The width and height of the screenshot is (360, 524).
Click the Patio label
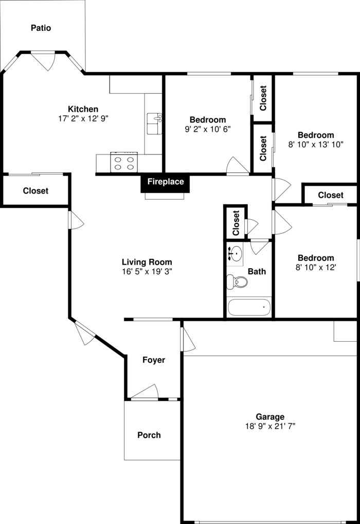tap(41, 28)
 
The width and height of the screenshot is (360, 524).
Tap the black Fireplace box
tap(165, 182)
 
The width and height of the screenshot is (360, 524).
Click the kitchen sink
tap(154, 124)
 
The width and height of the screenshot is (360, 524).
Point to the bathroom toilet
tap(237, 282)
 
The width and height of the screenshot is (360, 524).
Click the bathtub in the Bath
tap(249, 308)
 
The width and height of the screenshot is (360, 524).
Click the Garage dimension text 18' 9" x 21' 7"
tap(270, 426)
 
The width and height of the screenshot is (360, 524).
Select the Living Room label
tap(147, 262)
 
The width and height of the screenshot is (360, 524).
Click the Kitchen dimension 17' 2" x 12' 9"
tap(83, 118)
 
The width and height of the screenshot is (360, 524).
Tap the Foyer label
tap(154, 360)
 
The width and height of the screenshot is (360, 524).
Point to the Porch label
tap(149, 435)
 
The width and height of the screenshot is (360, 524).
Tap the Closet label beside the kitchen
tap(35, 190)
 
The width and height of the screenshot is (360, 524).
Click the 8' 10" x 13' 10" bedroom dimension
tap(315, 145)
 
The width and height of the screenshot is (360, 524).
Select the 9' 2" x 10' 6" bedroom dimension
tap(207, 129)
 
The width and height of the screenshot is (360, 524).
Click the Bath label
tap(257, 271)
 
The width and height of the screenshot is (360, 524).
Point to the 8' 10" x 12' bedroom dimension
tap(315, 267)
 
